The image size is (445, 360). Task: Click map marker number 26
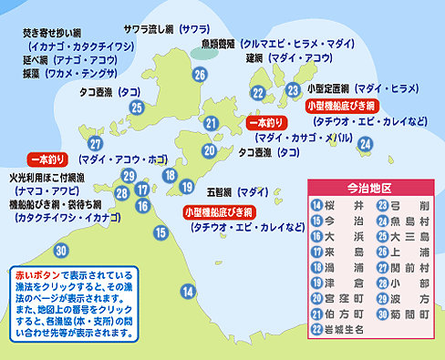pos(200,75)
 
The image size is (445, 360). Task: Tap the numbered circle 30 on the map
pos(61,250)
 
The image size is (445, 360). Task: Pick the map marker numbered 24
pos(365,143)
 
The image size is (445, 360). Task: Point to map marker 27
pos(96,144)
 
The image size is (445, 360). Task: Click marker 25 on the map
pos(137,108)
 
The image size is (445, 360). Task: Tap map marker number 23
pos(293,89)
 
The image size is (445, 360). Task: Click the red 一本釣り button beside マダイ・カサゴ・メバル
pos(267,122)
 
